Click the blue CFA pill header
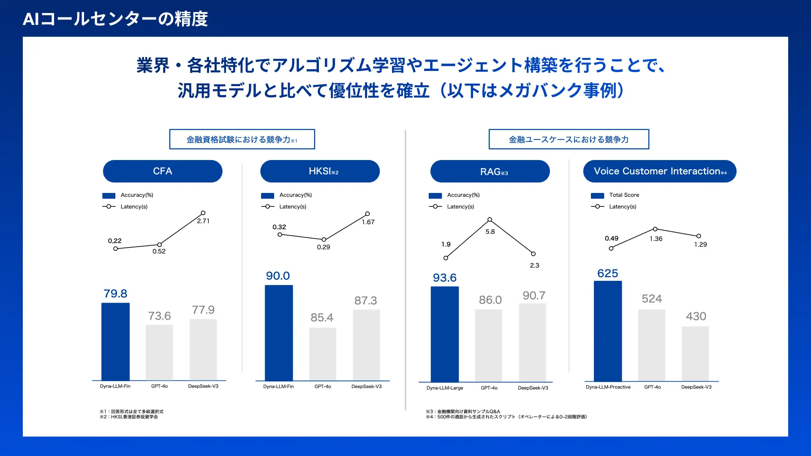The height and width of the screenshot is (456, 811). click(163, 171)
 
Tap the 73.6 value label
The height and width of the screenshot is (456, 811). click(159, 316)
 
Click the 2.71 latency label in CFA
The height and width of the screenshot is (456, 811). click(203, 221)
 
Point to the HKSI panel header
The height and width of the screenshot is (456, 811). click(320, 171)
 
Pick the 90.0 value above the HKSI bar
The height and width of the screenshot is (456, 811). click(278, 276)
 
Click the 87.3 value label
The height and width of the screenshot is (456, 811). click(365, 301)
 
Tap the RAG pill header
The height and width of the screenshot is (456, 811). click(490, 171)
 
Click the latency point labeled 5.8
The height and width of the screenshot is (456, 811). click(490, 220)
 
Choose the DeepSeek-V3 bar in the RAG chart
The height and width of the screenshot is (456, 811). click(532, 342)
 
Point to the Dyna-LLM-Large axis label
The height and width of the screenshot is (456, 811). click(445, 388)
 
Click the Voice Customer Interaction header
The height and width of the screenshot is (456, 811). click(660, 171)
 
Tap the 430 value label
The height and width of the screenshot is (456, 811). click(696, 316)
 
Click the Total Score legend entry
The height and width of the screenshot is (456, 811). click(624, 195)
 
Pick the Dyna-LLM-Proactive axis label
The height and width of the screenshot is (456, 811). click(608, 387)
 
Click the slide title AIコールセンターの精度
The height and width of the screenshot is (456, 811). click(115, 19)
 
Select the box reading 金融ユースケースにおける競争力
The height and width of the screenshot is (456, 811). click(569, 139)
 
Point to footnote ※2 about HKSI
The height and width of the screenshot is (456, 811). click(129, 417)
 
